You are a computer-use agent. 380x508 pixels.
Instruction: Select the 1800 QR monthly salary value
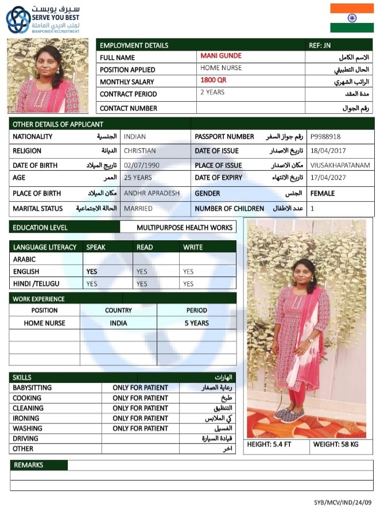[214, 80]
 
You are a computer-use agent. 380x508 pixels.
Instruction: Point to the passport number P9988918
[325, 137]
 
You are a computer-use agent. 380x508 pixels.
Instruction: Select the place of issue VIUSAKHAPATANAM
[339, 166]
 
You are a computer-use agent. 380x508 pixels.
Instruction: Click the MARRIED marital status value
[138, 209]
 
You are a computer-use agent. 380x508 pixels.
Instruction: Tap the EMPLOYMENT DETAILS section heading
[134, 45]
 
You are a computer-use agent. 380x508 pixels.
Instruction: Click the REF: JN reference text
[320, 45]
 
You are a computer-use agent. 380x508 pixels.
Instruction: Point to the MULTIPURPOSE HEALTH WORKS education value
[184, 228]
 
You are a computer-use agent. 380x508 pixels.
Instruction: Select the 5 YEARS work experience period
[196, 323]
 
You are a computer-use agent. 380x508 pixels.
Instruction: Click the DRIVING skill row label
[26, 438]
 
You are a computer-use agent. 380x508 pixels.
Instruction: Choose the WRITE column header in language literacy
[193, 247]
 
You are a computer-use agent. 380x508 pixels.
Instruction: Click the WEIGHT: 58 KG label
[336, 445]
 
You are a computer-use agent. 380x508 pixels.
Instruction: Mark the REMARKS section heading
[29, 465]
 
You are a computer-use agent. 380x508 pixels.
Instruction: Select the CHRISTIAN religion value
[140, 151]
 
